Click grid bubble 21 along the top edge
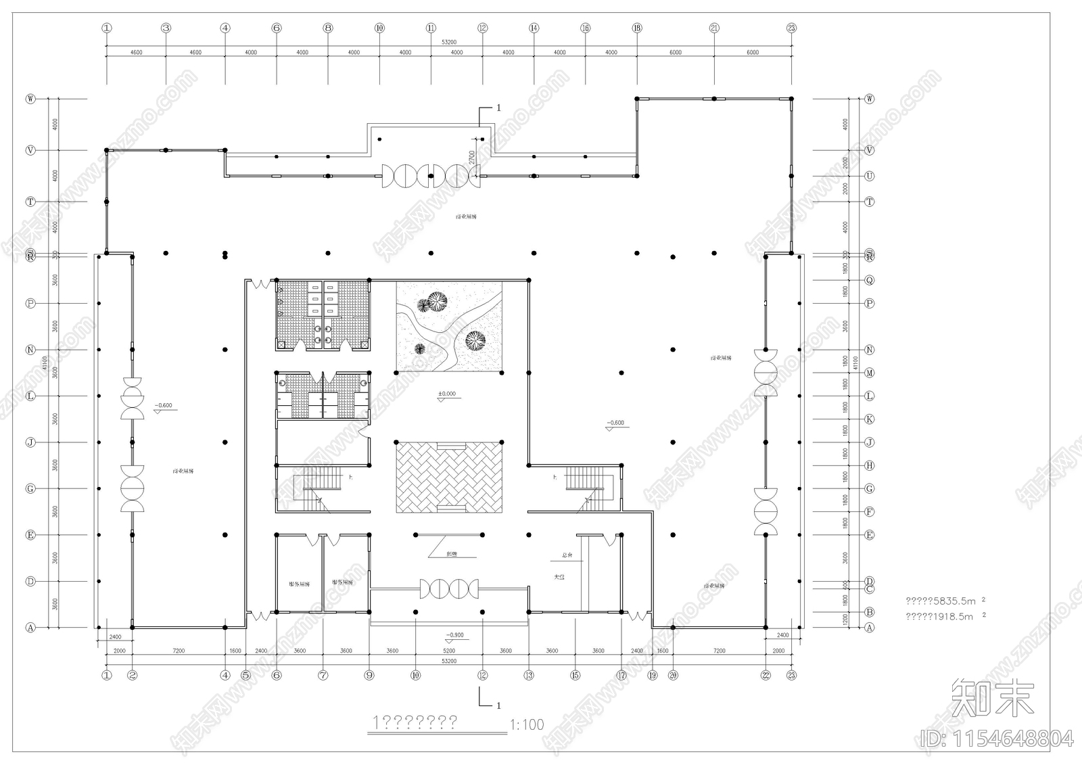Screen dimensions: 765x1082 (x=714, y=28)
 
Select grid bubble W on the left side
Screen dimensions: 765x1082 (x=30, y=99)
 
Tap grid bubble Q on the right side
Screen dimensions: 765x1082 (x=870, y=280)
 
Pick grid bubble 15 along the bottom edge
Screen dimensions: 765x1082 (x=575, y=674)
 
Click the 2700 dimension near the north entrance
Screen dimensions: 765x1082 (x=471, y=158)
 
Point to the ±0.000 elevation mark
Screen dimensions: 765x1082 (x=447, y=394)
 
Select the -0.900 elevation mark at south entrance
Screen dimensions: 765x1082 (x=454, y=636)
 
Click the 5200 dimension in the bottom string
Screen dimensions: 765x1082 (x=449, y=651)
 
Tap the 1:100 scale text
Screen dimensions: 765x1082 (x=526, y=725)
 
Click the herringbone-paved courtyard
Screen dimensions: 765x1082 (x=449, y=477)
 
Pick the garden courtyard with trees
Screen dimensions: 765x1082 (x=449, y=327)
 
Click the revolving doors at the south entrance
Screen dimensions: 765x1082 (x=449, y=588)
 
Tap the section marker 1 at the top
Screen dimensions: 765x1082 (x=498, y=108)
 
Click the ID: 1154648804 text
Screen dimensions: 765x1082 (x=997, y=738)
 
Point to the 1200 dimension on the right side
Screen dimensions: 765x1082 (x=845, y=620)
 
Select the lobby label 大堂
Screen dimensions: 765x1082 (x=559, y=577)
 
